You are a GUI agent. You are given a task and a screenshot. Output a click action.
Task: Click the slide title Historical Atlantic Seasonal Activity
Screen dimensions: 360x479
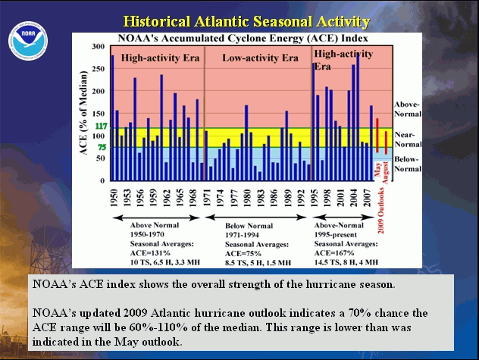(x=246, y=20)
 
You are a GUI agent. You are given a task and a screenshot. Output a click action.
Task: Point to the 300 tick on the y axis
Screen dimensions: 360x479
(x=98, y=47)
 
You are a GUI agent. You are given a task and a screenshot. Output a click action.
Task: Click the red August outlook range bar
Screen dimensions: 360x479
(x=386, y=142)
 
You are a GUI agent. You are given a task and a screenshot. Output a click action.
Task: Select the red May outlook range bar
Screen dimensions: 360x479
(x=377, y=135)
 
